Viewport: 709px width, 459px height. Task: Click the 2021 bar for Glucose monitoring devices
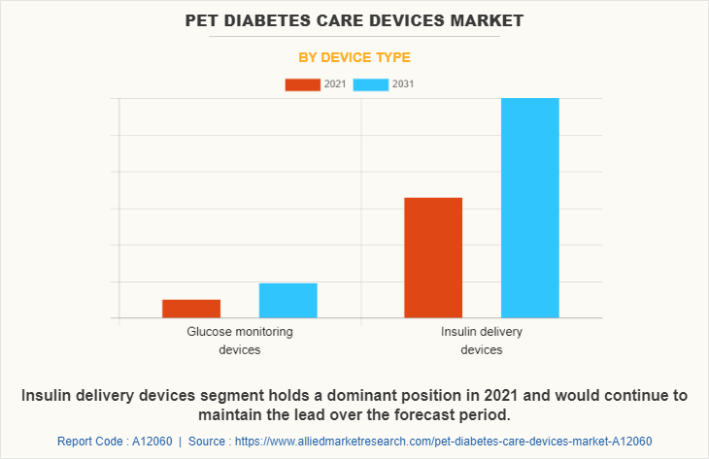[191, 309]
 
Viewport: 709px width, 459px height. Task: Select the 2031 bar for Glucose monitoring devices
[287, 300]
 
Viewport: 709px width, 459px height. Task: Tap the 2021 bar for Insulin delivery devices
[433, 257]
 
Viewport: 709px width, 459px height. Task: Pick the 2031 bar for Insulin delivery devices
[529, 208]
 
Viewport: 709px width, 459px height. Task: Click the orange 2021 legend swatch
[302, 84]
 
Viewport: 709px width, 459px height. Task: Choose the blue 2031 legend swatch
[370, 84]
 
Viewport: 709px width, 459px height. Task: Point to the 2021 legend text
[335, 84]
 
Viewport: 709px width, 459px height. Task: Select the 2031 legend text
[403, 84]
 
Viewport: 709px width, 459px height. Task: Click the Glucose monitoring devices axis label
[240, 340]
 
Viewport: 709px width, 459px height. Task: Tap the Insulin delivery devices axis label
[482, 340]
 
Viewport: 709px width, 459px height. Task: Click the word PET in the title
[204, 19]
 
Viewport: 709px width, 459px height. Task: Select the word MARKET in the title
[470, 19]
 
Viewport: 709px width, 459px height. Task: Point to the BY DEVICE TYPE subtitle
[354, 57]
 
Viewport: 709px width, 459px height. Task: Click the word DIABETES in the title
[267, 19]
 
